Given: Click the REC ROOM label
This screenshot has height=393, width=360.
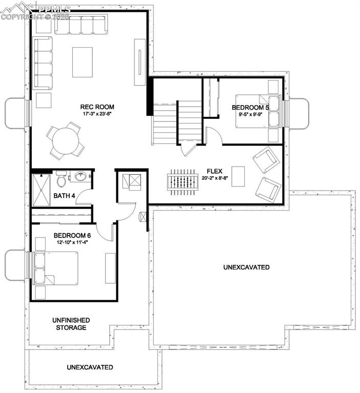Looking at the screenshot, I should pos(97,107).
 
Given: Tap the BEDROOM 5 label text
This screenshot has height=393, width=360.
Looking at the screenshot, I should pos(250,108).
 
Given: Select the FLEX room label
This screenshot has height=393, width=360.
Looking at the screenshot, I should pos(214,172).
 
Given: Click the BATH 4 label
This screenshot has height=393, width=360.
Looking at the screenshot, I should pos(65,196).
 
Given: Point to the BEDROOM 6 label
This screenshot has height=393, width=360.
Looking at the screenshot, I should pos(73,236).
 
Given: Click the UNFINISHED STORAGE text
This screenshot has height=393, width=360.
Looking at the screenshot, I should pos(71,324).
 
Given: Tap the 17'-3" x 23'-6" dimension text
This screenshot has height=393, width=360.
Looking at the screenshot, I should pos(97,114).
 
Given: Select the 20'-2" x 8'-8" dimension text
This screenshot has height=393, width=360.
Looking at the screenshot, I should pos(214,178).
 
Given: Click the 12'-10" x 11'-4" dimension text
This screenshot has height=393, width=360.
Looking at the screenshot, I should pos(73,242).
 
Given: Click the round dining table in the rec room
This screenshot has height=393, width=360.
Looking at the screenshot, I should pos(67,141).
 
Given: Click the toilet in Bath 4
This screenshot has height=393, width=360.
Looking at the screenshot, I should pos(61,179).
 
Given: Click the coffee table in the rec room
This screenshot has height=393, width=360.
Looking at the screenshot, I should pos(83,61).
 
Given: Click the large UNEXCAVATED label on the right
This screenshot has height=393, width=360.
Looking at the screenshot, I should pos(246,267).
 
